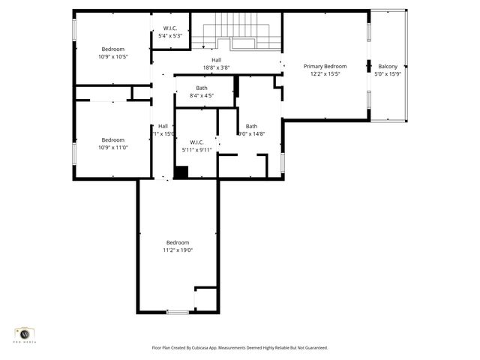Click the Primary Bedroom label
pos(325,67)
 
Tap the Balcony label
pos(388,67)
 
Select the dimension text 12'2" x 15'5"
pos(325,74)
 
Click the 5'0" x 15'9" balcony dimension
pos(388,74)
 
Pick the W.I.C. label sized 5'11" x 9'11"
pos(197,142)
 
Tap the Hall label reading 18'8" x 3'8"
pos(216,60)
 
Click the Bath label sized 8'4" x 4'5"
pos(202,88)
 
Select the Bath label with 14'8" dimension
pos(251,126)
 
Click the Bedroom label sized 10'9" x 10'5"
pos(112,49)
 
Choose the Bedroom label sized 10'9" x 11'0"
pos(112,139)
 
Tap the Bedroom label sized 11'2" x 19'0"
pos(178,242)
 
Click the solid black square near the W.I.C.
pos(181,172)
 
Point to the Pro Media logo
pos(25,334)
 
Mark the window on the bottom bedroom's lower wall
pos(178,312)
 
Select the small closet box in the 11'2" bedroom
pos(205,298)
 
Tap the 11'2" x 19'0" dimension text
pos(178,250)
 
